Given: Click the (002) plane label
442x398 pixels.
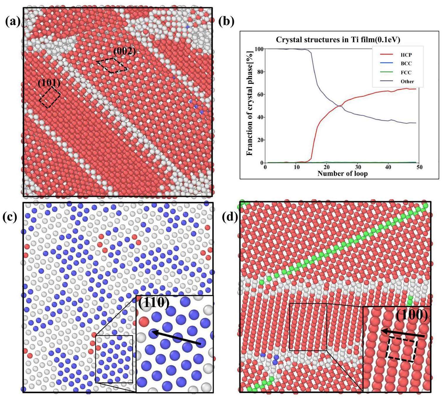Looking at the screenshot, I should point(124,52).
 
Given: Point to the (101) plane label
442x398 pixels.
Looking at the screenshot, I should point(49,83).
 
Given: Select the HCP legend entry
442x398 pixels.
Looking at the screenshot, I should point(406,55).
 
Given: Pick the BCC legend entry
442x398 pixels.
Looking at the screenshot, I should point(406,64).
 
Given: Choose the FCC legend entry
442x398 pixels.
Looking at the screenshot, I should point(406,72).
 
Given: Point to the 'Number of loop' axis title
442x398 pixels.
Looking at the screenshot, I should point(342,174).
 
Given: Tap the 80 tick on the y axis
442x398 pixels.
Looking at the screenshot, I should point(260,72).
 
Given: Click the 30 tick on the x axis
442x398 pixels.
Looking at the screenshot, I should point(357,167).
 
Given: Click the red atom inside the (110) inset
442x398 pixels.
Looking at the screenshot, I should point(144,322).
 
